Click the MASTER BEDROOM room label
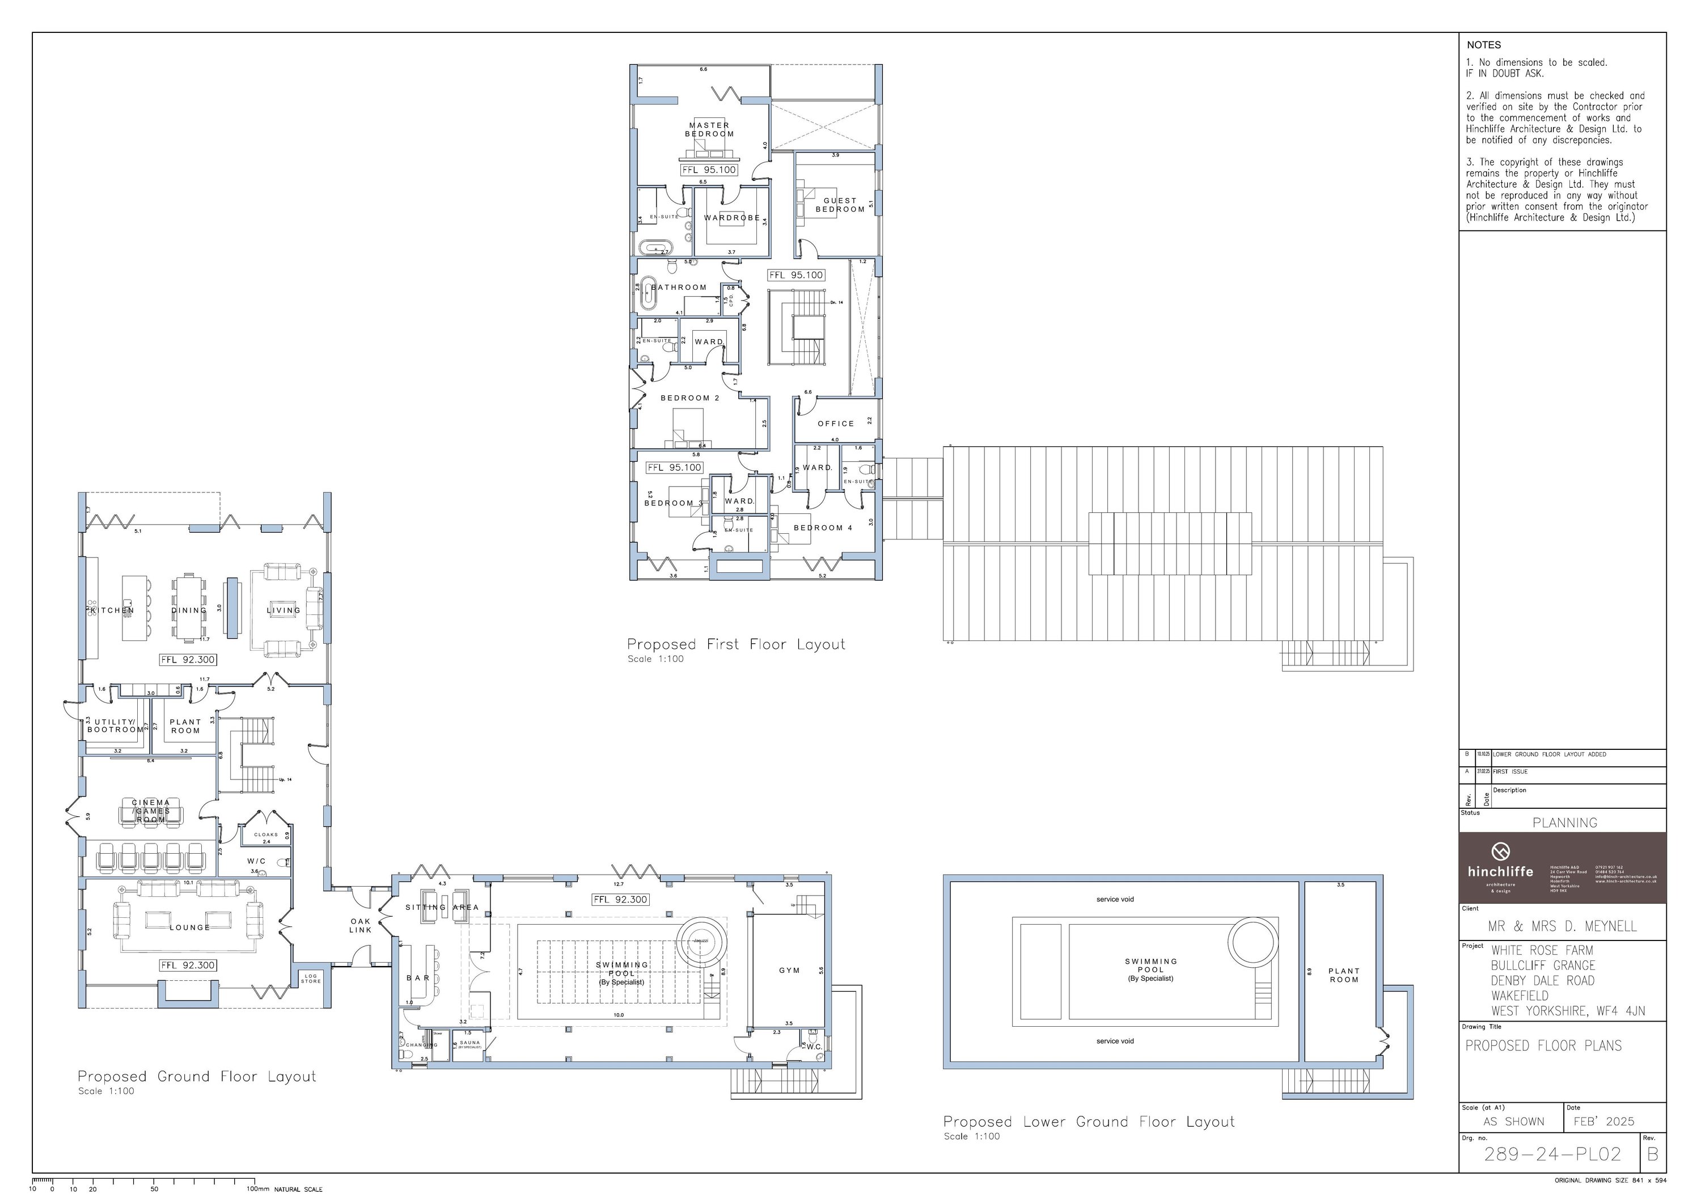pyautogui.click(x=709, y=130)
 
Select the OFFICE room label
pyautogui.click(x=836, y=424)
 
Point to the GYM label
pyautogui.click(x=789, y=971)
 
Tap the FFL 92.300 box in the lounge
pyautogui.click(x=188, y=965)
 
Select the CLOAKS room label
pyautogui.click(x=266, y=834)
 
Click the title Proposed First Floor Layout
pyautogui.click(x=735, y=645)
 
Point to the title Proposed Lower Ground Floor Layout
pyautogui.click(x=1088, y=1122)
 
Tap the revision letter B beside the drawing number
pyautogui.click(x=1653, y=1154)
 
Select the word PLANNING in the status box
pyautogui.click(x=1565, y=823)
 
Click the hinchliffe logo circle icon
pyautogui.click(x=1500, y=851)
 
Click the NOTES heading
pyautogui.click(x=1483, y=45)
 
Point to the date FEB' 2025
pyautogui.click(x=1603, y=1121)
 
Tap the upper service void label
pyautogui.click(x=1115, y=900)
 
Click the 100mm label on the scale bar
pyautogui.click(x=258, y=1188)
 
